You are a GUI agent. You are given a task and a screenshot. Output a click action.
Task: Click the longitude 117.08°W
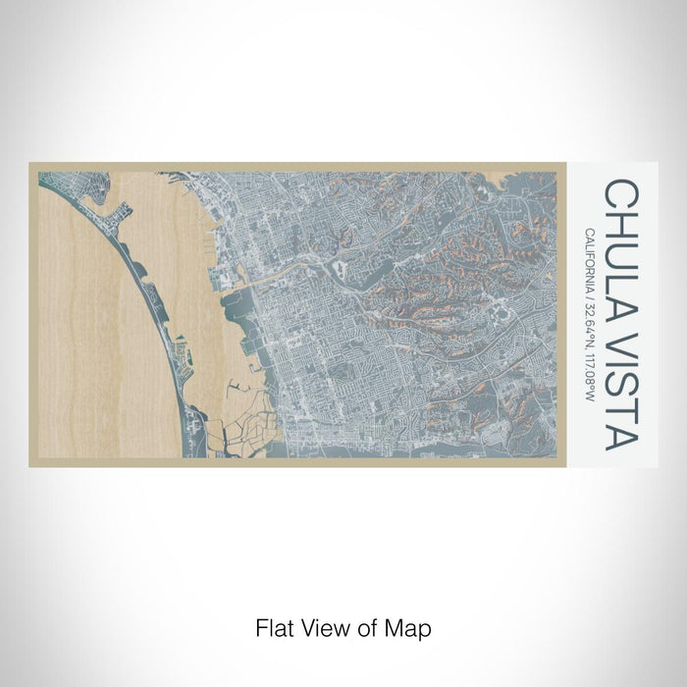[589, 379]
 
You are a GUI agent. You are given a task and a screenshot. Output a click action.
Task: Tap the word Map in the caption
[409, 627]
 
